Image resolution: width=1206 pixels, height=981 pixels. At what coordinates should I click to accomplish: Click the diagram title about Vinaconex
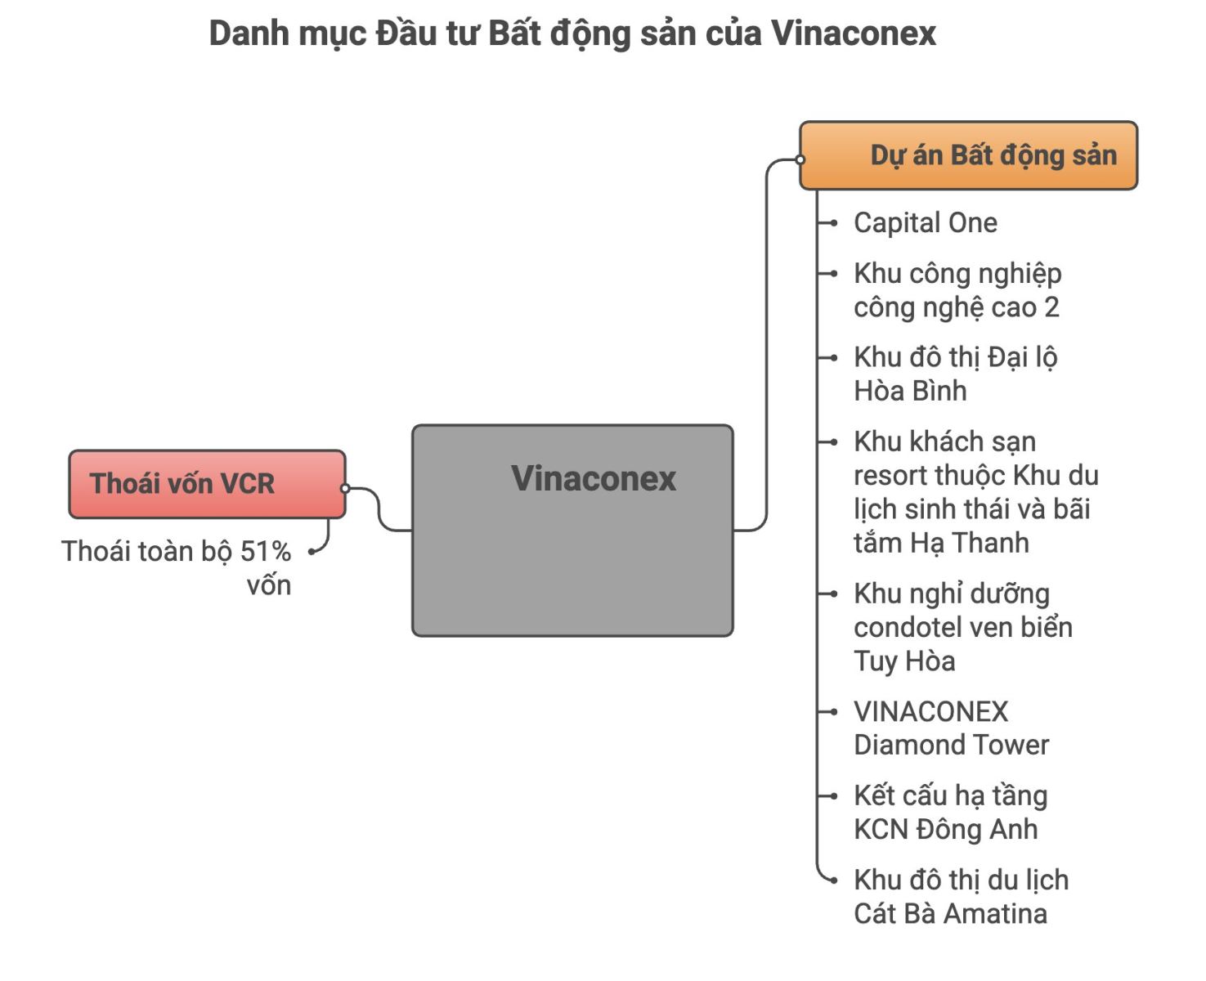[x=572, y=34]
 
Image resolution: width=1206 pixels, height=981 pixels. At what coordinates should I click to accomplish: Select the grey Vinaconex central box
[x=572, y=530]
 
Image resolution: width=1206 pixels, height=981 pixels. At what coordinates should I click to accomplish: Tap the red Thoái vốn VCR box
[x=207, y=483]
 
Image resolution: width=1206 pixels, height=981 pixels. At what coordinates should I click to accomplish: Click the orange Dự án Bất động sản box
[x=968, y=155]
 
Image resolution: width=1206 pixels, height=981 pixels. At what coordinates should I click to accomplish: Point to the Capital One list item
[x=925, y=222]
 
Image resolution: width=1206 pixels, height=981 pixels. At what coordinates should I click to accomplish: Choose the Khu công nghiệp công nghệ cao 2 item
[x=957, y=290]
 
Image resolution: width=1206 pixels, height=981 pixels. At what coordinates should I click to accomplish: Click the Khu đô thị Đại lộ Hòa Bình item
[x=955, y=374]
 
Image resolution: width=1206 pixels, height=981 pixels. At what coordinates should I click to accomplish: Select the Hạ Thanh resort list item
[x=975, y=491]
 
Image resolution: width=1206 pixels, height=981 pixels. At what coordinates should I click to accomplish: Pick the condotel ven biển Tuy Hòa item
[x=962, y=627]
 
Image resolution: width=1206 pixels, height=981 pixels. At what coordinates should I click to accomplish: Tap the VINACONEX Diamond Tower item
[x=951, y=728]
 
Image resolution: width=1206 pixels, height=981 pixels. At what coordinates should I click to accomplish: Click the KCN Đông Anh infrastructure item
[x=949, y=812]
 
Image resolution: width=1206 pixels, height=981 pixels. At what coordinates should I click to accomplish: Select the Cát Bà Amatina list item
[x=960, y=896]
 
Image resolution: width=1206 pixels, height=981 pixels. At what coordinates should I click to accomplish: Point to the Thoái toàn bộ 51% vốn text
[x=177, y=567]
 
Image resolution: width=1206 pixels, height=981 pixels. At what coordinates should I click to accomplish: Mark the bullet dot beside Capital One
[x=833, y=223]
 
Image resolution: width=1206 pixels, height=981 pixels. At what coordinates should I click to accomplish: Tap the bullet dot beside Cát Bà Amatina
[x=833, y=880]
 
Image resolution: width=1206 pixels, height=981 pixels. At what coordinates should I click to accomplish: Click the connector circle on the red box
[x=345, y=488]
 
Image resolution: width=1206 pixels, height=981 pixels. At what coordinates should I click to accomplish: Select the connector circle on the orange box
[x=800, y=160]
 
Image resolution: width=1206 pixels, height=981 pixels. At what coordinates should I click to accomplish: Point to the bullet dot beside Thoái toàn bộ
[x=312, y=552]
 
